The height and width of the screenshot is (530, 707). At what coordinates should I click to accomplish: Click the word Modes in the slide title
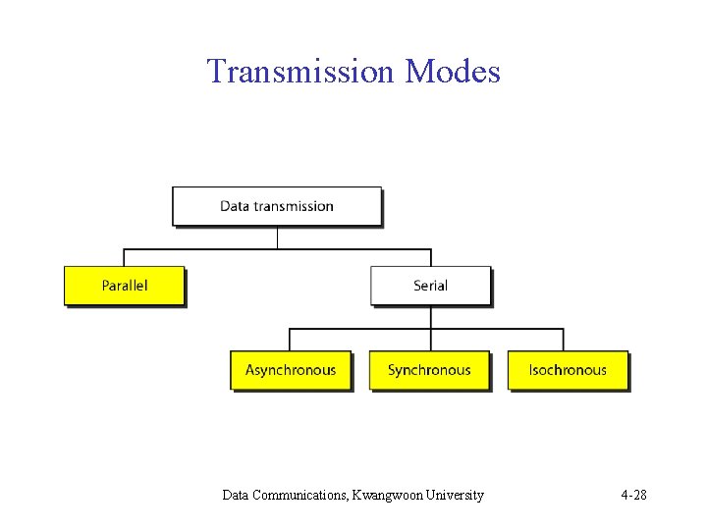[x=453, y=72]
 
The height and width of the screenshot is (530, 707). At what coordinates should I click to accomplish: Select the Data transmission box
[x=277, y=206]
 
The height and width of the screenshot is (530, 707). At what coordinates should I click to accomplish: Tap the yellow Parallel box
[x=124, y=286]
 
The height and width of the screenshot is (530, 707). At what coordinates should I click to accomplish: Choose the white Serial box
[x=430, y=286]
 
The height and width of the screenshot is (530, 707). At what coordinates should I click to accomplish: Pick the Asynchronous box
[x=291, y=370]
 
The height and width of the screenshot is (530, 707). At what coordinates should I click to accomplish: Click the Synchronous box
[x=429, y=370]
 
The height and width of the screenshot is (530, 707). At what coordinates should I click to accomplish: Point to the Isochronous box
[x=568, y=370]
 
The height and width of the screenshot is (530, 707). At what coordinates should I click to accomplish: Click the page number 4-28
[x=633, y=495]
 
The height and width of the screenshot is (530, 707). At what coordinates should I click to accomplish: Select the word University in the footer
[x=456, y=495]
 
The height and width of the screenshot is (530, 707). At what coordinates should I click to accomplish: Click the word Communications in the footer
[x=298, y=495]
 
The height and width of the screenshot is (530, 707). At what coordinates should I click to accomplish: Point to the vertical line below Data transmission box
[x=278, y=237]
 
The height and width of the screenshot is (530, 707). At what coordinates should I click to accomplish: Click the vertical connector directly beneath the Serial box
[x=430, y=316]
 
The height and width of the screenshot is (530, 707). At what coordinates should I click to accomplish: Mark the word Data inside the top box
[x=235, y=206]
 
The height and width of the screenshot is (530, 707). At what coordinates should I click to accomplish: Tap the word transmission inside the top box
[x=294, y=206]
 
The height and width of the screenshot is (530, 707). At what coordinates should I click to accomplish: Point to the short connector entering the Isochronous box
[x=564, y=339]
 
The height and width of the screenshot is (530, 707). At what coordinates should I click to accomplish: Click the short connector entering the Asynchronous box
[x=289, y=339]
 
